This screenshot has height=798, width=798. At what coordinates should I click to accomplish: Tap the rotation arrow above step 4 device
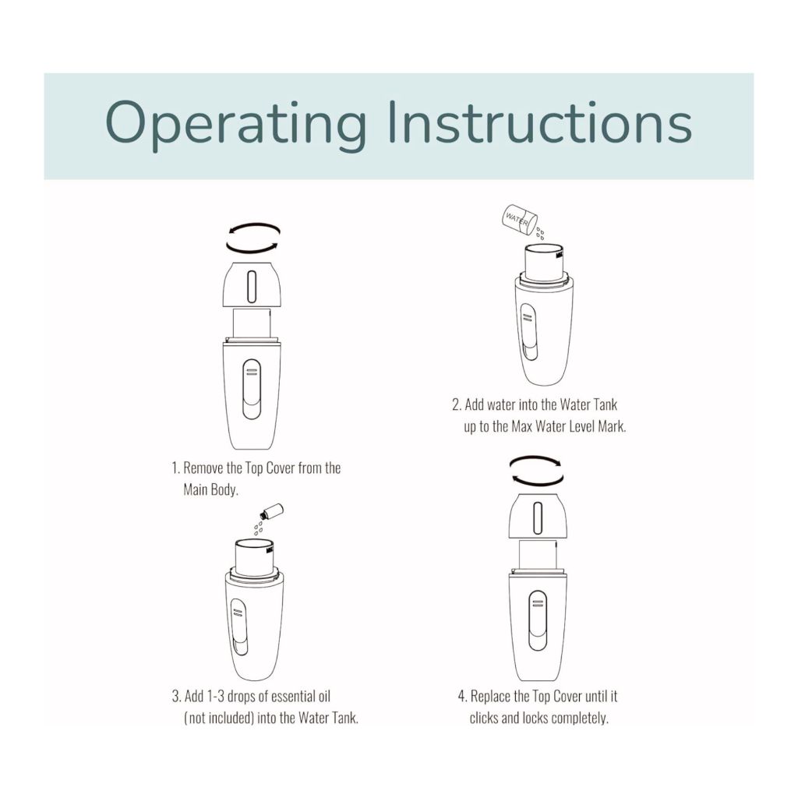click(x=535, y=471)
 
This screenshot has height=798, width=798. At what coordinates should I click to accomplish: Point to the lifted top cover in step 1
click(x=252, y=284)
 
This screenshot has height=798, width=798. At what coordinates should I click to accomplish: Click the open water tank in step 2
click(x=543, y=262)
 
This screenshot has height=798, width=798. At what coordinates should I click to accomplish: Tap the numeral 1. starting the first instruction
click(x=175, y=468)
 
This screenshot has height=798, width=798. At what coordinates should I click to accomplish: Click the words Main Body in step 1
click(x=210, y=490)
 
